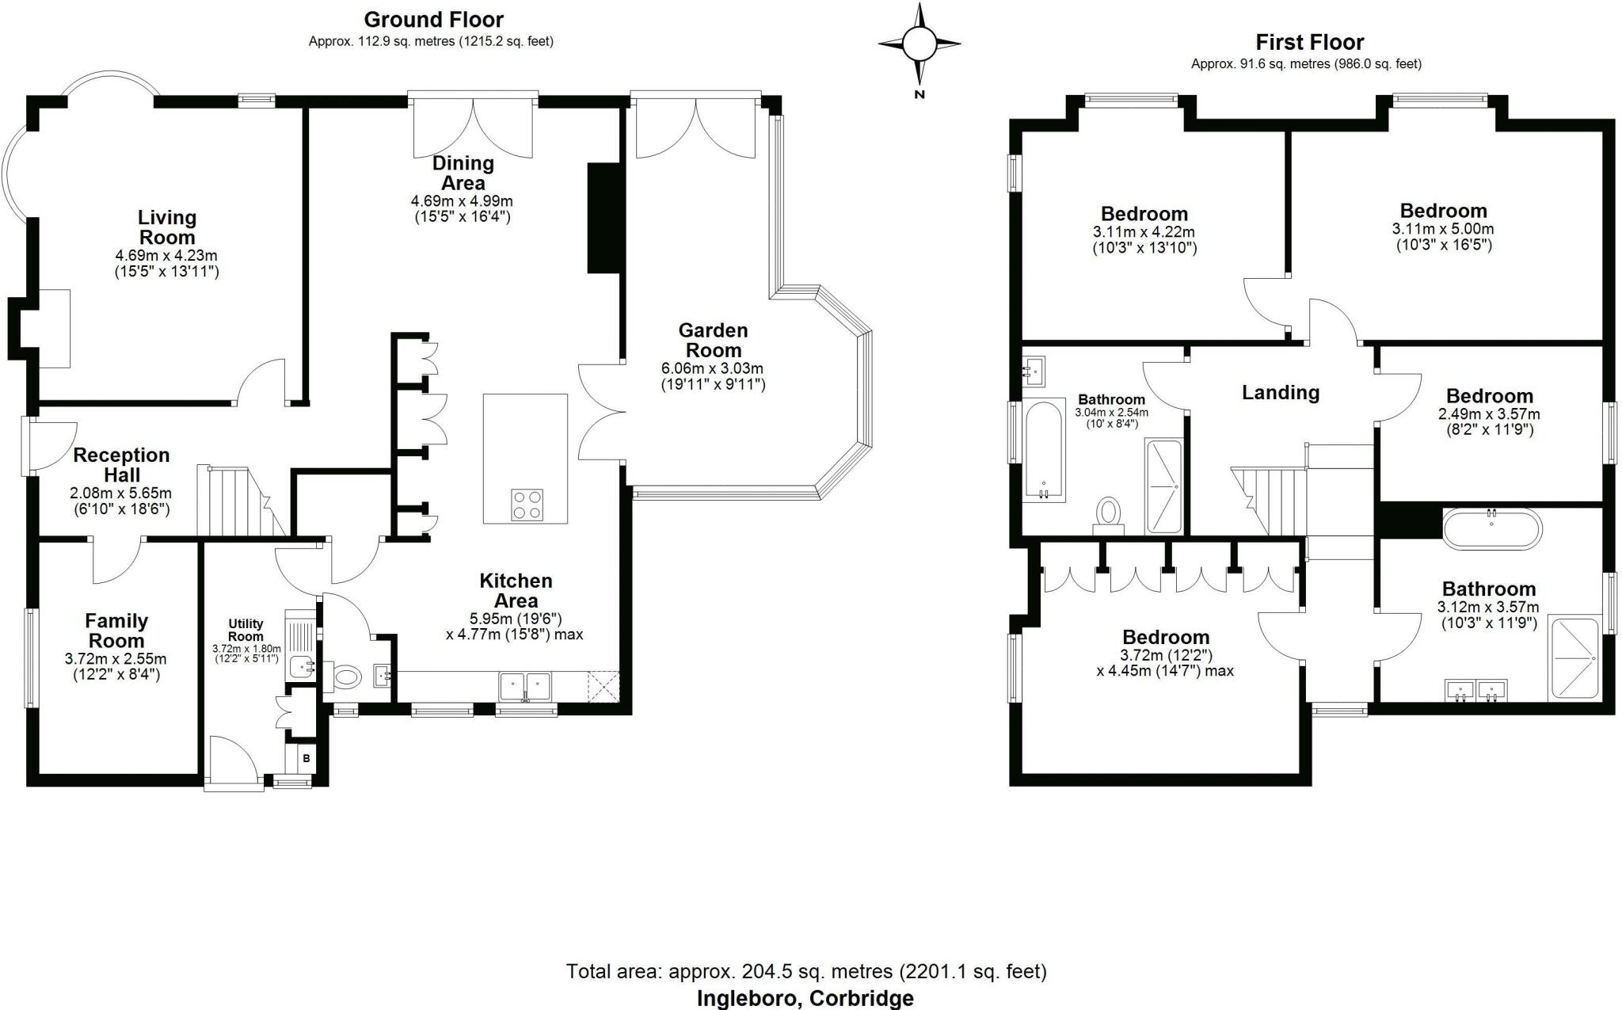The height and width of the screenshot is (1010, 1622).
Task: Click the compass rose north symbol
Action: click(x=919, y=44)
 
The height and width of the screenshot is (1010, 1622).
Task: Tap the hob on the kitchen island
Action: click(x=527, y=505)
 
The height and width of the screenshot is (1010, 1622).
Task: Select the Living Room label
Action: click(x=166, y=227)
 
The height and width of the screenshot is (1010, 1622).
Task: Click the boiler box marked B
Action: click(x=307, y=759)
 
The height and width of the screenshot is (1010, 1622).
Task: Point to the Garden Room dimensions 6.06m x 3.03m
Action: click(x=712, y=369)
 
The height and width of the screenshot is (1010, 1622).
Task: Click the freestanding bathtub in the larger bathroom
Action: click(x=1492, y=528)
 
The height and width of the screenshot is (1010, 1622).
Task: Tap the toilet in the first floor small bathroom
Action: click(x=1109, y=513)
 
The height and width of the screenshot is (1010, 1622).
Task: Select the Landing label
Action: click(x=1280, y=393)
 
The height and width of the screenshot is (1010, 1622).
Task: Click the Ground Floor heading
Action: click(x=433, y=20)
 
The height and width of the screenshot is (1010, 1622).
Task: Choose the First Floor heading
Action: click(x=1309, y=42)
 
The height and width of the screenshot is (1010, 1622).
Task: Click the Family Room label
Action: click(x=116, y=631)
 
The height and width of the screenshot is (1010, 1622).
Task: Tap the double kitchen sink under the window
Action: click(x=525, y=685)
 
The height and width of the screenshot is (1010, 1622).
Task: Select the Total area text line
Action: click(x=805, y=971)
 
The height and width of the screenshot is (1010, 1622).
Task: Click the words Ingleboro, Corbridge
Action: click(x=805, y=998)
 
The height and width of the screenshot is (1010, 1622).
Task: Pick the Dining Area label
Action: click(x=463, y=173)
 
